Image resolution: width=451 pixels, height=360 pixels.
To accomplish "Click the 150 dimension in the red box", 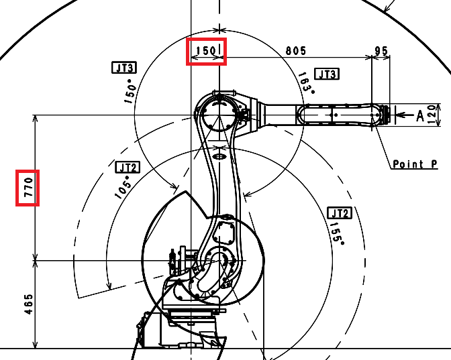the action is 205,51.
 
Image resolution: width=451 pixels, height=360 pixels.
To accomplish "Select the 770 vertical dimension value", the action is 29,187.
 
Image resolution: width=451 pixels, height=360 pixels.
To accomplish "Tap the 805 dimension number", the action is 296,51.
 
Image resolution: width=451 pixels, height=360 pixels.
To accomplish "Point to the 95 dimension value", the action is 381,51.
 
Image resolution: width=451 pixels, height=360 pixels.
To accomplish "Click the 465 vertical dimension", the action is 29,304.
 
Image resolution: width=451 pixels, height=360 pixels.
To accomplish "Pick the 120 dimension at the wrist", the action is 432,115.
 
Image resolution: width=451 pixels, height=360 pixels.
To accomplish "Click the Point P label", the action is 415,164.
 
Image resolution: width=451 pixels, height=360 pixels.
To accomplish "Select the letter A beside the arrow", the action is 420,116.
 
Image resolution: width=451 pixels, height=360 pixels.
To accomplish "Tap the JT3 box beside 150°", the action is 124,68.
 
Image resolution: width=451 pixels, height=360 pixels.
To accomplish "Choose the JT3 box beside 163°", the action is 327,74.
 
